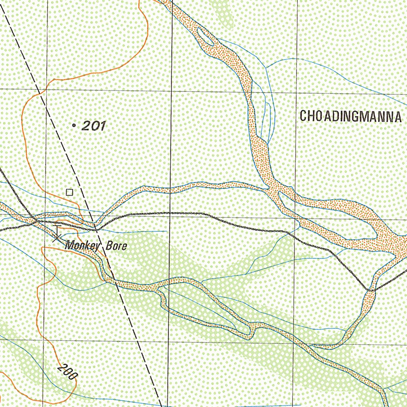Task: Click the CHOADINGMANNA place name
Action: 350,116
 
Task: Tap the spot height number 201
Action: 93,126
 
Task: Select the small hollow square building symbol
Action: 70,192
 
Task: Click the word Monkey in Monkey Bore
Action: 82,246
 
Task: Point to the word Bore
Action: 116,246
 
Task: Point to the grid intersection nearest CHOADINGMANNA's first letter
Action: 297,93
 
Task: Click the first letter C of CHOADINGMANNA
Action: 303,116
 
